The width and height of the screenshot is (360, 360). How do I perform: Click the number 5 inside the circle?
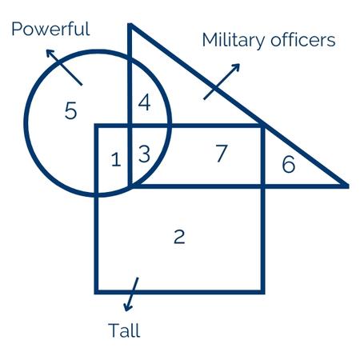(71, 110)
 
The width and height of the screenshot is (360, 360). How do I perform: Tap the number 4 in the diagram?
(144, 102)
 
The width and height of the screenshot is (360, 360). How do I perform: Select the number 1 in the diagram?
(116, 159)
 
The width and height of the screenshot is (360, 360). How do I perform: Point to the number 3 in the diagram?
(144, 154)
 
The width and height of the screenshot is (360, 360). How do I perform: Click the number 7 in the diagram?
(222, 153)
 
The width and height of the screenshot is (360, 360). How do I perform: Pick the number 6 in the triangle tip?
(289, 164)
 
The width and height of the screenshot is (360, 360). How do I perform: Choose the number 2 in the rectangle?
(179, 236)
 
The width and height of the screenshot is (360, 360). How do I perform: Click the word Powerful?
(50, 29)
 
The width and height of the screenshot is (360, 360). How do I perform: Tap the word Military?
(234, 41)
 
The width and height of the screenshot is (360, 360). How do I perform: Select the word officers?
(303, 40)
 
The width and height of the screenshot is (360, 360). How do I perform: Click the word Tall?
(124, 330)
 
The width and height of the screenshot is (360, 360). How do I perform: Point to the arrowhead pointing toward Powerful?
(50, 53)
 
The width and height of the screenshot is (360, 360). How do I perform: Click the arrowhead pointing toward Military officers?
(235, 67)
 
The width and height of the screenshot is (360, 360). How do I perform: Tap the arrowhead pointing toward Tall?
(128, 307)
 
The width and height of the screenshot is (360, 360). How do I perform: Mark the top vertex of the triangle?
(130, 25)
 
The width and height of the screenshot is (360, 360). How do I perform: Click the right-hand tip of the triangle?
(347, 186)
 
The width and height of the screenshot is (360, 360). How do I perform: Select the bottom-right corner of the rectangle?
(262, 292)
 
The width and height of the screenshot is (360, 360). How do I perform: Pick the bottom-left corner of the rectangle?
(97, 292)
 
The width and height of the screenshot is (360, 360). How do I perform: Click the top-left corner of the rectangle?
(97, 126)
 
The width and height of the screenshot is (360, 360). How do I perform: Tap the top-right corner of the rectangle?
(262, 126)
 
